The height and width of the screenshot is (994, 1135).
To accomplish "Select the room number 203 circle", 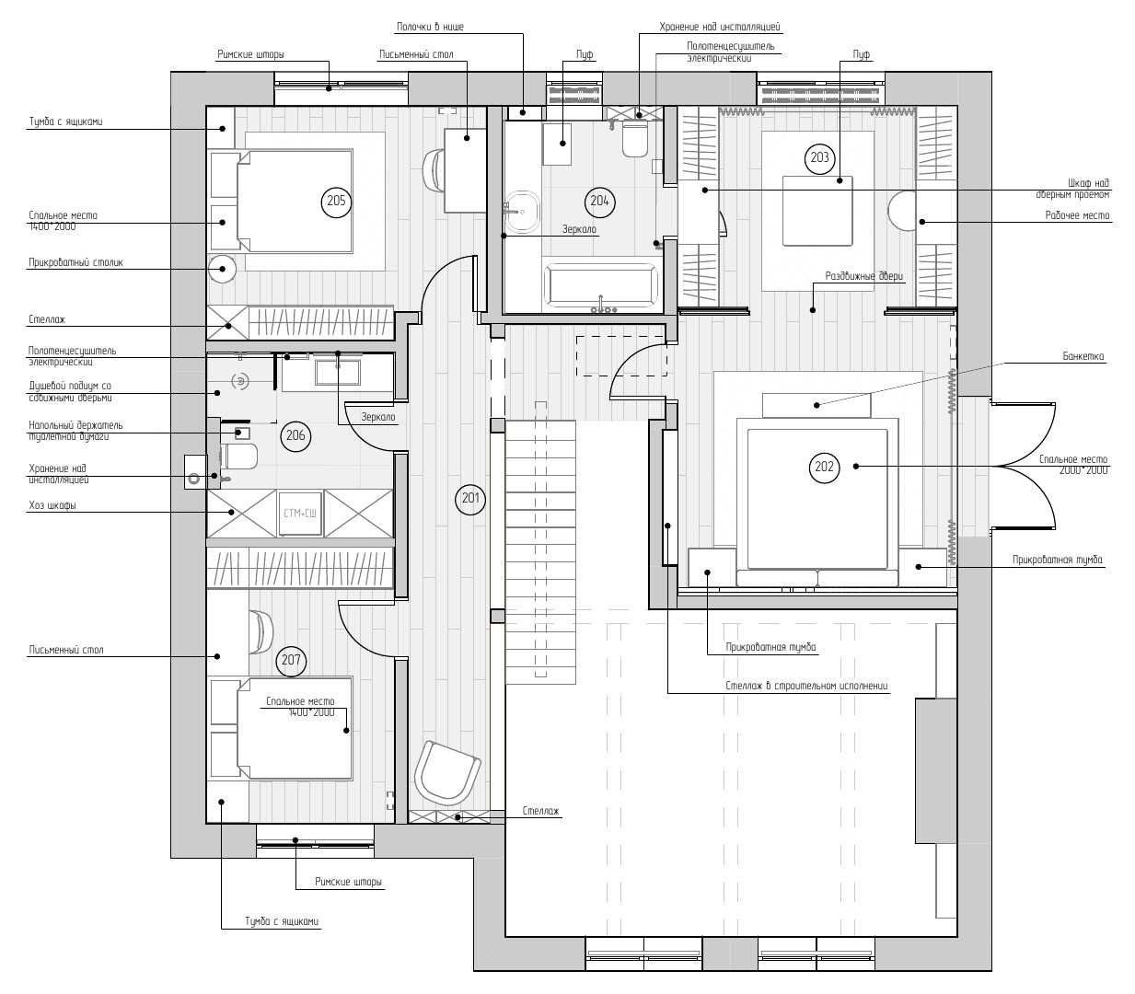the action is [819, 158].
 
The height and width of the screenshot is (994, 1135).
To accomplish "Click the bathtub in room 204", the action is [602, 285].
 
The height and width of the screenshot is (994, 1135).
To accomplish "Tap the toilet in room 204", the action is [635, 139].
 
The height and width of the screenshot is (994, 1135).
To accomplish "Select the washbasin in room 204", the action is [521, 212].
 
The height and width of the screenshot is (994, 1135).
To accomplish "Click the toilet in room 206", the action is [238, 457].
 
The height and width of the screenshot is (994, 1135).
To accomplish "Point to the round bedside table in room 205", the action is [223, 269].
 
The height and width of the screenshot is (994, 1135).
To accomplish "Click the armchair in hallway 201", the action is [446, 772].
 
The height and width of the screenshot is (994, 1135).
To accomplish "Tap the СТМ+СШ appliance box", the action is [300, 513].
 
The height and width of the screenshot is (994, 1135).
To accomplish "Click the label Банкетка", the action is [1083, 356].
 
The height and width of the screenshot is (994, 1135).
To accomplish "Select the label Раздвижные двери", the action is [864, 276].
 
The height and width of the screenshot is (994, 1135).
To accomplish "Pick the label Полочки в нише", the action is [430, 27].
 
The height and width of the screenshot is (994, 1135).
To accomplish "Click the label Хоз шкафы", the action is [52, 505].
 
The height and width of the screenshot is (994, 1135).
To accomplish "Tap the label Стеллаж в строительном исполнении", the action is [806, 686].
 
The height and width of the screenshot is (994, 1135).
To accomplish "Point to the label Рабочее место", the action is [1077, 215].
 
